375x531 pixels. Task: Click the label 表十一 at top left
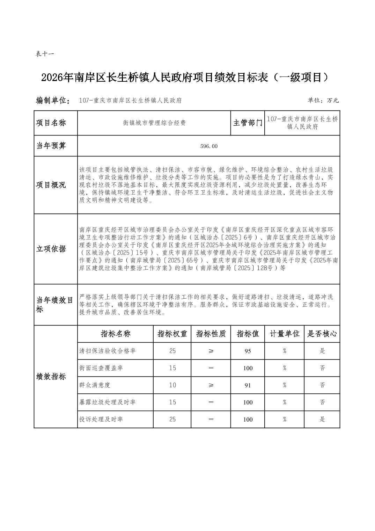(x=44, y=54)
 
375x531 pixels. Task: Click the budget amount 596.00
(x=209, y=146)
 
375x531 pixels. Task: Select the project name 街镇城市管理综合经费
(x=154, y=123)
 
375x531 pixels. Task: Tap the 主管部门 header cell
(x=248, y=123)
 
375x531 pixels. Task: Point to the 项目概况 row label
(x=51, y=185)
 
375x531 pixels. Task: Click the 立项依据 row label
(x=51, y=249)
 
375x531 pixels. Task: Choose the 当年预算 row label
(x=51, y=146)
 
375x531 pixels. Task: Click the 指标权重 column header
(x=172, y=334)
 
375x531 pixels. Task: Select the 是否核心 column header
(x=322, y=334)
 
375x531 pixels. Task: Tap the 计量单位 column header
(x=285, y=334)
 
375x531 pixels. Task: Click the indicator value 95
(x=248, y=351)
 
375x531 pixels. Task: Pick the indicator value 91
(x=248, y=385)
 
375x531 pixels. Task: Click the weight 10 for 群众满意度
(x=172, y=385)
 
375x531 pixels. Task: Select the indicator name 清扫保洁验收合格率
(x=108, y=351)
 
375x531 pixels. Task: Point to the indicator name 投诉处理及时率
(x=101, y=419)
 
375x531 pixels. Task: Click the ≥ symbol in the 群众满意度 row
(x=211, y=385)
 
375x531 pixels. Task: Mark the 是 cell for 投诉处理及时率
(x=322, y=419)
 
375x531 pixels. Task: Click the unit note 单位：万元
(x=323, y=101)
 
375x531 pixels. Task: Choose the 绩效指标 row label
(x=51, y=377)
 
